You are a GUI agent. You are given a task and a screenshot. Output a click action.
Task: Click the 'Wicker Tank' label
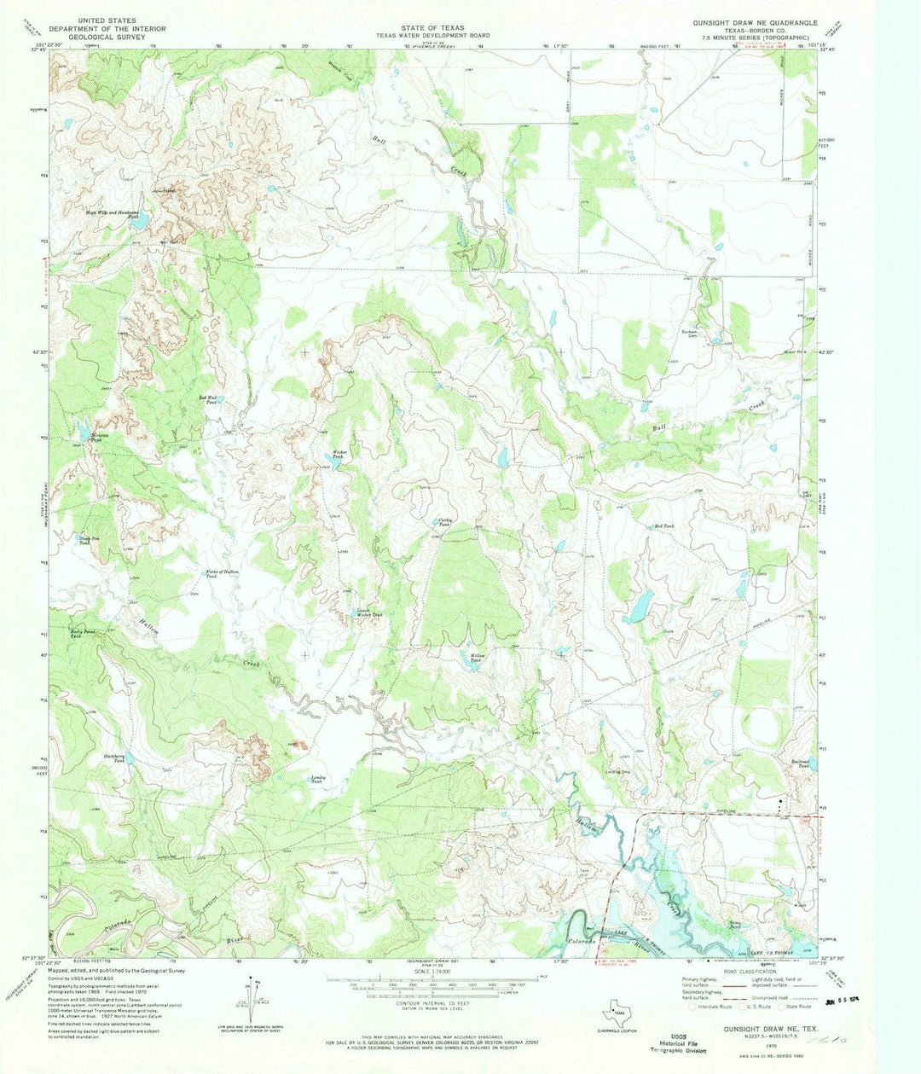click(338, 456)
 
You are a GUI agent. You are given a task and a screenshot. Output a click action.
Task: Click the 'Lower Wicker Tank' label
click(368, 613)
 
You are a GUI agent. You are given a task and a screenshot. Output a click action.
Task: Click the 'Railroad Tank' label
click(797, 764)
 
